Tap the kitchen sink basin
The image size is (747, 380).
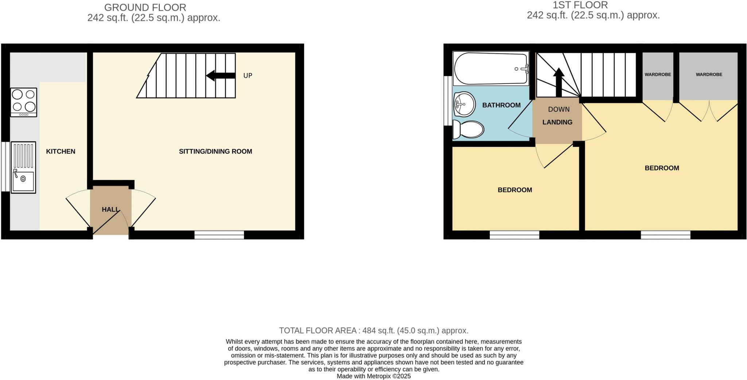(23, 181)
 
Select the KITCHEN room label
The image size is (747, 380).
(61, 151)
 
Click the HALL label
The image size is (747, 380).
(110, 210)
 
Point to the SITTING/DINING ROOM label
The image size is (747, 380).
(215, 151)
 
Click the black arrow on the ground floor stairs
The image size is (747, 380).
(221, 76)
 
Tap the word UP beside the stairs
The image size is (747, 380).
(248, 76)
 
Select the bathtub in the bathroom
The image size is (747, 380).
(491, 69)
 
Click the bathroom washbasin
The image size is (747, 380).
(464, 104)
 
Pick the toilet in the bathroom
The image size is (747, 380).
(469, 130)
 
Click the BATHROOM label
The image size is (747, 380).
(501, 105)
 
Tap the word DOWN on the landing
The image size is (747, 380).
(558, 109)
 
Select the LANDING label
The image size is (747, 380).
(557, 122)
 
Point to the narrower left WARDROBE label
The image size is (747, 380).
(658, 74)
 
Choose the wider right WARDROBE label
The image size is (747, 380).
(709, 74)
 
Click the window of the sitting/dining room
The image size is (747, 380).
(219, 235)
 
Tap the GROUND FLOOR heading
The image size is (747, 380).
(145, 7)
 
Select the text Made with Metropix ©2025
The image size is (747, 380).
(373, 376)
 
